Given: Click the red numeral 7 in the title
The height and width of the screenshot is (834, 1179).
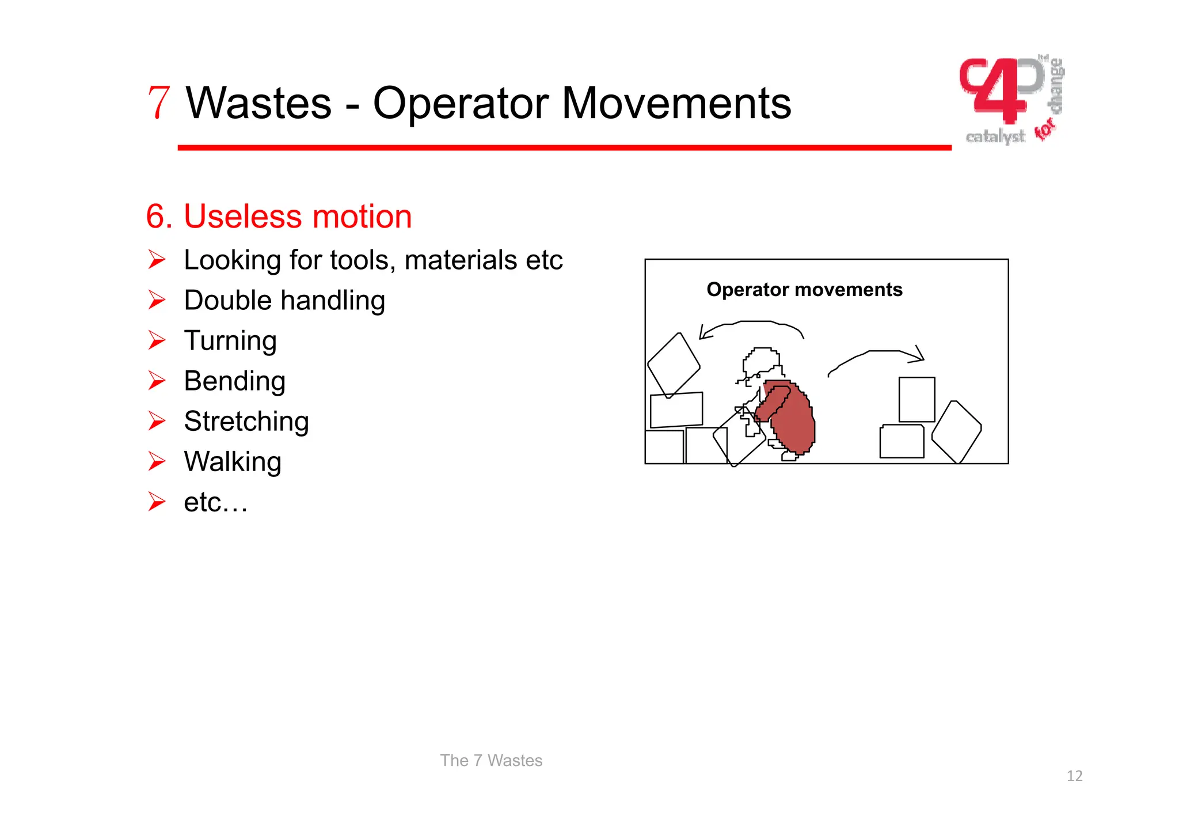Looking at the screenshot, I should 159,103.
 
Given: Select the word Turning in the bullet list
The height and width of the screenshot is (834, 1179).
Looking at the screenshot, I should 230,340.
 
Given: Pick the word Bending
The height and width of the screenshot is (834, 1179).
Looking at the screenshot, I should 234,381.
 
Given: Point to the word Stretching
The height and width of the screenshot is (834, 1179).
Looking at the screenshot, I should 246,421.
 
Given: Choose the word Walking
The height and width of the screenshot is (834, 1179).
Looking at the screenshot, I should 233,461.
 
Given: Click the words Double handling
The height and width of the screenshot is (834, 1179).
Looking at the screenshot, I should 284,300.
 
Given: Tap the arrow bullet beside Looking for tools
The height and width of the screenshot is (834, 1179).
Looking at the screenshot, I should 156,260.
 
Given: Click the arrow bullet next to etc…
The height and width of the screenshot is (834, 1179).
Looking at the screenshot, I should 156,502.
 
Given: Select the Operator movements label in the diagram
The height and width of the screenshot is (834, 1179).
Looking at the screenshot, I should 804,289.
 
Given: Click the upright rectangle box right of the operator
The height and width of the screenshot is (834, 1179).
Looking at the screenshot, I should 916,399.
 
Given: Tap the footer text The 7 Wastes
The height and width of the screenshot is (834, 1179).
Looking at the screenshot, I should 491,760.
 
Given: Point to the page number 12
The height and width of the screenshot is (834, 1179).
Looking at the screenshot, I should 1074,776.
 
